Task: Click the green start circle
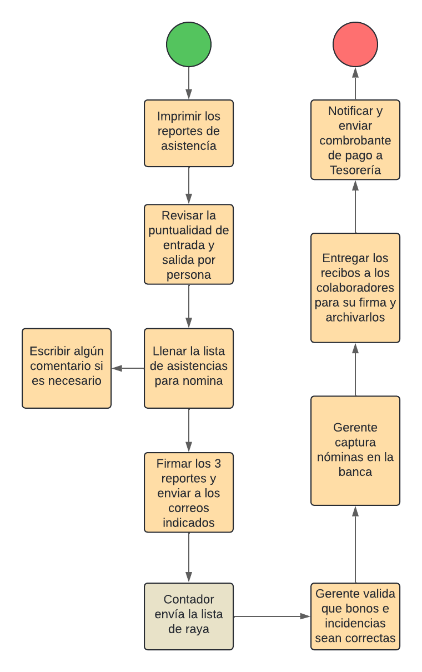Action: (x=189, y=44)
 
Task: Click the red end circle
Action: (x=355, y=44)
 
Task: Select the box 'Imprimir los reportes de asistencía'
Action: (x=189, y=133)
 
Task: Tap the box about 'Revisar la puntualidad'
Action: (x=189, y=244)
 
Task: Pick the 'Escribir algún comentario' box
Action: (x=67, y=368)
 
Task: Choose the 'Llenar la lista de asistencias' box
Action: (x=189, y=368)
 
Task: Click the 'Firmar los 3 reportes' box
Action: (x=189, y=492)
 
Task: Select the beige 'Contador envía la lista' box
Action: (x=189, y=616)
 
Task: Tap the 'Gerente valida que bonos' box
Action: (x=355, y=616)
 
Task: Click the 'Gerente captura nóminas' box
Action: (x=355, y=450)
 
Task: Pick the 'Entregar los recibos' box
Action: (x=355, y=288)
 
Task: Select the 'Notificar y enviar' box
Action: (x=355, y=140)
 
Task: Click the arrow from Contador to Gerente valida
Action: (x=272, y=616)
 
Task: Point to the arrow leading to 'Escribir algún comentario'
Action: (x=128, y=368)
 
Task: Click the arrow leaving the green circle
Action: (x=189, y=83)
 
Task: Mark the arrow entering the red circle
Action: (x=355, y=83)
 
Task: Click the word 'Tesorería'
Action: (x=355, y=170)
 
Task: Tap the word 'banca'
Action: (x=355, y=472)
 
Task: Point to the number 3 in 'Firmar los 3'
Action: (x=218, y=464)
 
